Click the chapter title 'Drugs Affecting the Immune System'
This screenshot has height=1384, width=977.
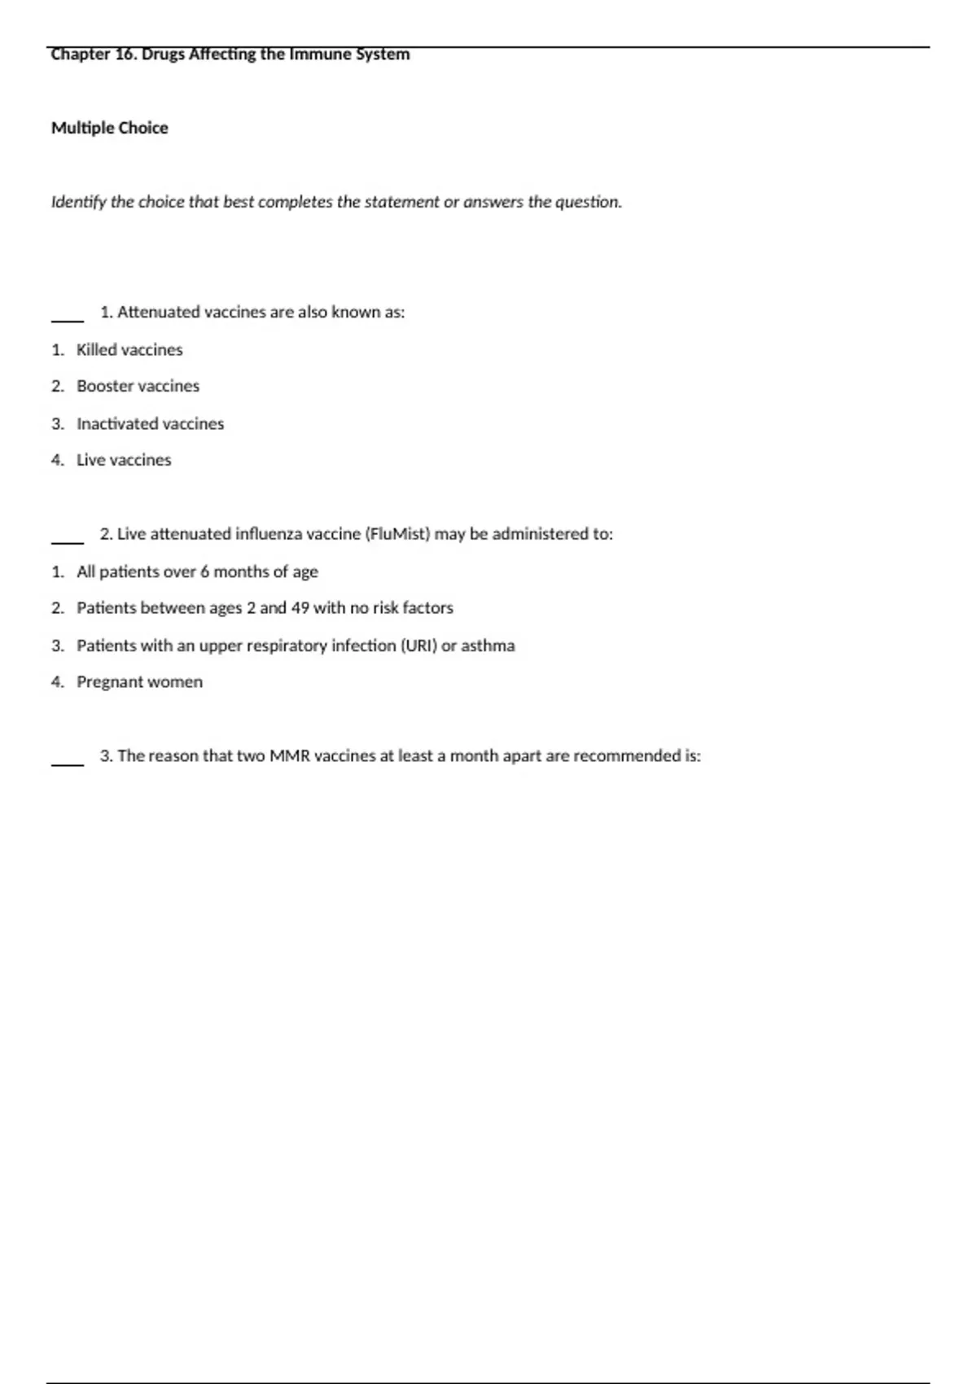coord(275,55)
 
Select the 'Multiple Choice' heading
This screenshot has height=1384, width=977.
coord(110,128)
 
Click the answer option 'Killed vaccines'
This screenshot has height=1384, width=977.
coord(129,349)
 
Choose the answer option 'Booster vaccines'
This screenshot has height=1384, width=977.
coord(138,386)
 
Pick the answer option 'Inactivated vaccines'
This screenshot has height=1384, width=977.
coord(150,423)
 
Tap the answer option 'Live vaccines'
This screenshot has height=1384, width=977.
coord(124,460)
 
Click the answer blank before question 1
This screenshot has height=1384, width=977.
coord(68,320)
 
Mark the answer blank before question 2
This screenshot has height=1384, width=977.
coord(68,541)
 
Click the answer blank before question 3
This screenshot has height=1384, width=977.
coord(68,764)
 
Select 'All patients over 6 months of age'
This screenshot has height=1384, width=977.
coord(197,572)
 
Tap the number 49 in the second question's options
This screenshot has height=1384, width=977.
coord(300,608)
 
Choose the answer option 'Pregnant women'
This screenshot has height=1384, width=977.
coord(139,682)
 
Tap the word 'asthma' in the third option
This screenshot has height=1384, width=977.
coord(488,646)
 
